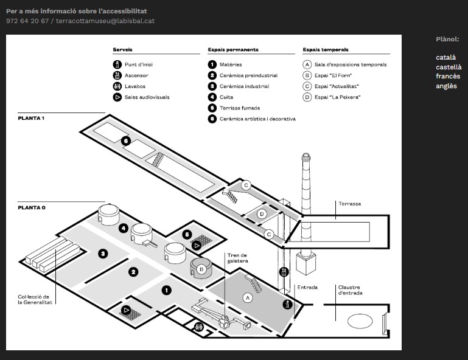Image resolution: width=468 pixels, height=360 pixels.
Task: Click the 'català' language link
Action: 445,57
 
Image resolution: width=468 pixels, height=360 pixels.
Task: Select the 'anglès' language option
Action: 446,86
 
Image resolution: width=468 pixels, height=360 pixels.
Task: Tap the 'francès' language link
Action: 448,77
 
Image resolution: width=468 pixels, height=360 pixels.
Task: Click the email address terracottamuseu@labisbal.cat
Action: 105,21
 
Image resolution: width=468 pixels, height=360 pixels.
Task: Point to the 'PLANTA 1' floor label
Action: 31,118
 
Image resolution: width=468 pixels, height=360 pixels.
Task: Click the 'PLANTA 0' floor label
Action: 32,207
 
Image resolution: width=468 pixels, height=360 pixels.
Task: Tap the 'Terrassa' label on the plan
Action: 349,204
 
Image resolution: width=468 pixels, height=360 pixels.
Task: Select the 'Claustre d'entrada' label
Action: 350,290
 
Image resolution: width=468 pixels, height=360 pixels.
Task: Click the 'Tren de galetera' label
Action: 237,258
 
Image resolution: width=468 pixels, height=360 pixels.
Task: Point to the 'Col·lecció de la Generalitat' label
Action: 35,299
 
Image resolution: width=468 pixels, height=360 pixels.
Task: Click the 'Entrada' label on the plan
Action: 307,287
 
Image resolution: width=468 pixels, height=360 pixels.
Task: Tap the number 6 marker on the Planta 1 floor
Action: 126,141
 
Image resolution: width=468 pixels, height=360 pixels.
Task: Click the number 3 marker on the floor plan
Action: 103,254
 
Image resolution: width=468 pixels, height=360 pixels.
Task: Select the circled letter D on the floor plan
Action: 262,214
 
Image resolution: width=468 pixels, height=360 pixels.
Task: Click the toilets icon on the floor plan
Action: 199,327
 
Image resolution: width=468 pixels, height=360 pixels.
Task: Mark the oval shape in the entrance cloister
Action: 360,321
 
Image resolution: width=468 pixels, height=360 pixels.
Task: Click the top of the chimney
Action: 306,155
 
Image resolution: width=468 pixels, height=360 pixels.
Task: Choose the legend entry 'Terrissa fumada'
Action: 240,108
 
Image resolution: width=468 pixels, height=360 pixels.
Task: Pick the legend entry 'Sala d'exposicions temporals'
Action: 351,64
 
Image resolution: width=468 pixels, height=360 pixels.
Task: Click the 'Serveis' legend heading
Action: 122,49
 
